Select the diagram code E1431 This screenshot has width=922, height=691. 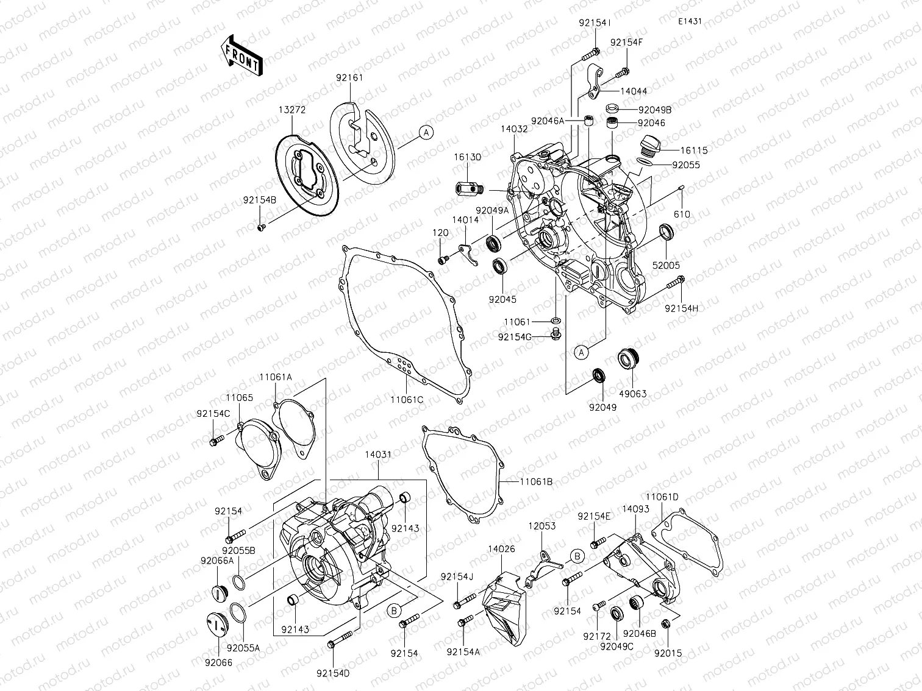click(x=689, y=21)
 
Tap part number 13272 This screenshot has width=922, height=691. click(x=292, y=110)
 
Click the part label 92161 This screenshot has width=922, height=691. click(x=349, y=78)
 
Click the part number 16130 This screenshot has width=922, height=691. click(x=467, y=157)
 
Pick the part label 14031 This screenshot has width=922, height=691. click(x=378, y=455)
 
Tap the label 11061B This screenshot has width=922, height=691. click(x=536, y=481)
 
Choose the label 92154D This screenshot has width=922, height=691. click(x=333, y=673)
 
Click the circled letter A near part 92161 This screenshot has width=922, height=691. click(x=426, y=132)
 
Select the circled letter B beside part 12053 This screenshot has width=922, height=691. click(x=577, y=556)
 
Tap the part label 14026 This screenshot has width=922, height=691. click(x=501, y=549)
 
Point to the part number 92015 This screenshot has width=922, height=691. click(x=668, y=653)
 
